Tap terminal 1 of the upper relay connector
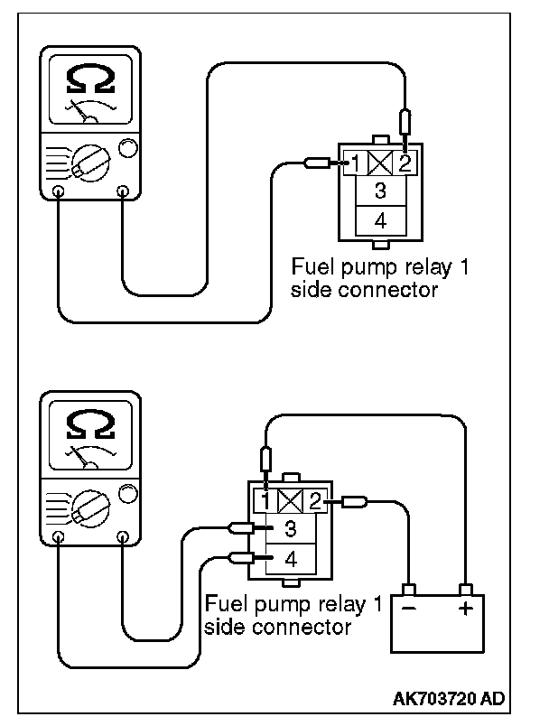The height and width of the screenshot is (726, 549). click(358, 163)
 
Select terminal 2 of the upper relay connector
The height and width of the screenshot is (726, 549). click(405, 163)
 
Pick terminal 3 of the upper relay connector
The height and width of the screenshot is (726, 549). click(381, 191)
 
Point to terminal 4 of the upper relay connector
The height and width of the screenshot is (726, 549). click(381, 219)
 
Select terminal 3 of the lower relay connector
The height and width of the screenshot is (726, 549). click(291, 529)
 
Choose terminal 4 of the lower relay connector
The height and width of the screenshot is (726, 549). click(291, 559)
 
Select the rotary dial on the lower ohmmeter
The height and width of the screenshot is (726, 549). click(88, 507)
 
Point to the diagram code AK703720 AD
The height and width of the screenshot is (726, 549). click(450, 698)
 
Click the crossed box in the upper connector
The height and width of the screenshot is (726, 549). click(381, 163)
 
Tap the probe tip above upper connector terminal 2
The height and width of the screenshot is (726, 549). click(405, 122)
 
